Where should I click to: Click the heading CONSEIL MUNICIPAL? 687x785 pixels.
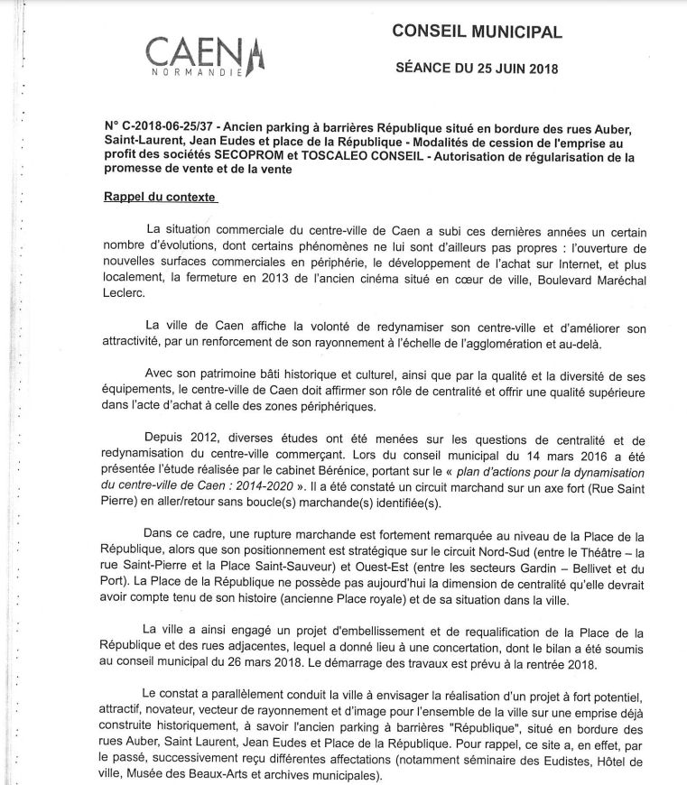point(477,32)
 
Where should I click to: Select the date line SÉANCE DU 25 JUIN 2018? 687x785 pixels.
point(478,69)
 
